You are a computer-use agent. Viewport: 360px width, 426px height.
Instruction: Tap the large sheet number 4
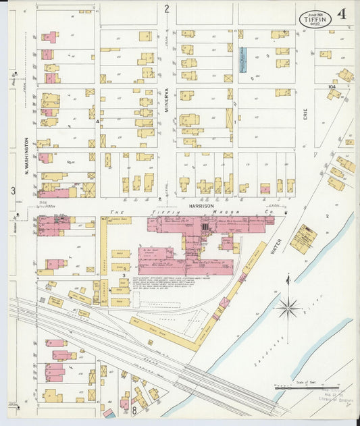point(343,14)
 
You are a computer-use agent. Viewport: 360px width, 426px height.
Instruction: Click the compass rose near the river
point(288,308)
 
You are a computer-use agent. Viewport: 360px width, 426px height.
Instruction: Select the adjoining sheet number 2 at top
point(166,9)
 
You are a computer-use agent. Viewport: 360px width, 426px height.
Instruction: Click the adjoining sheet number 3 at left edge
point(13,191)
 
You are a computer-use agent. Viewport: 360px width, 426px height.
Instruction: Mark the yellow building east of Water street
point(303,239)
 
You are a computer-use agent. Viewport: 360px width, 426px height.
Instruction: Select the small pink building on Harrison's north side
point(265,189)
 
